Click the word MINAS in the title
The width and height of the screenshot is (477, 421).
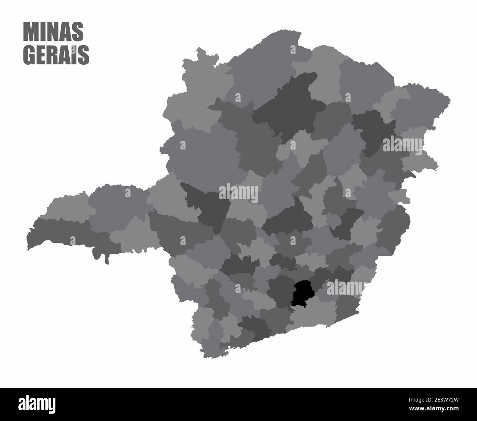pyautogui.click(x=53, y=32)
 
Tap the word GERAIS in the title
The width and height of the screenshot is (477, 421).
pyautogui.click(x=56, y=55)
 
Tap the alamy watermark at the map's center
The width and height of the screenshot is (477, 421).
pyautogui.click(x=238, y=192)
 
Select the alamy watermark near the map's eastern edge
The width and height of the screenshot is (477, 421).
pyautogui.click(x=403, y=145)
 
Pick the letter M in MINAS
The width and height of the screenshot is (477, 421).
pyautogui.click(x=31, y=32)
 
